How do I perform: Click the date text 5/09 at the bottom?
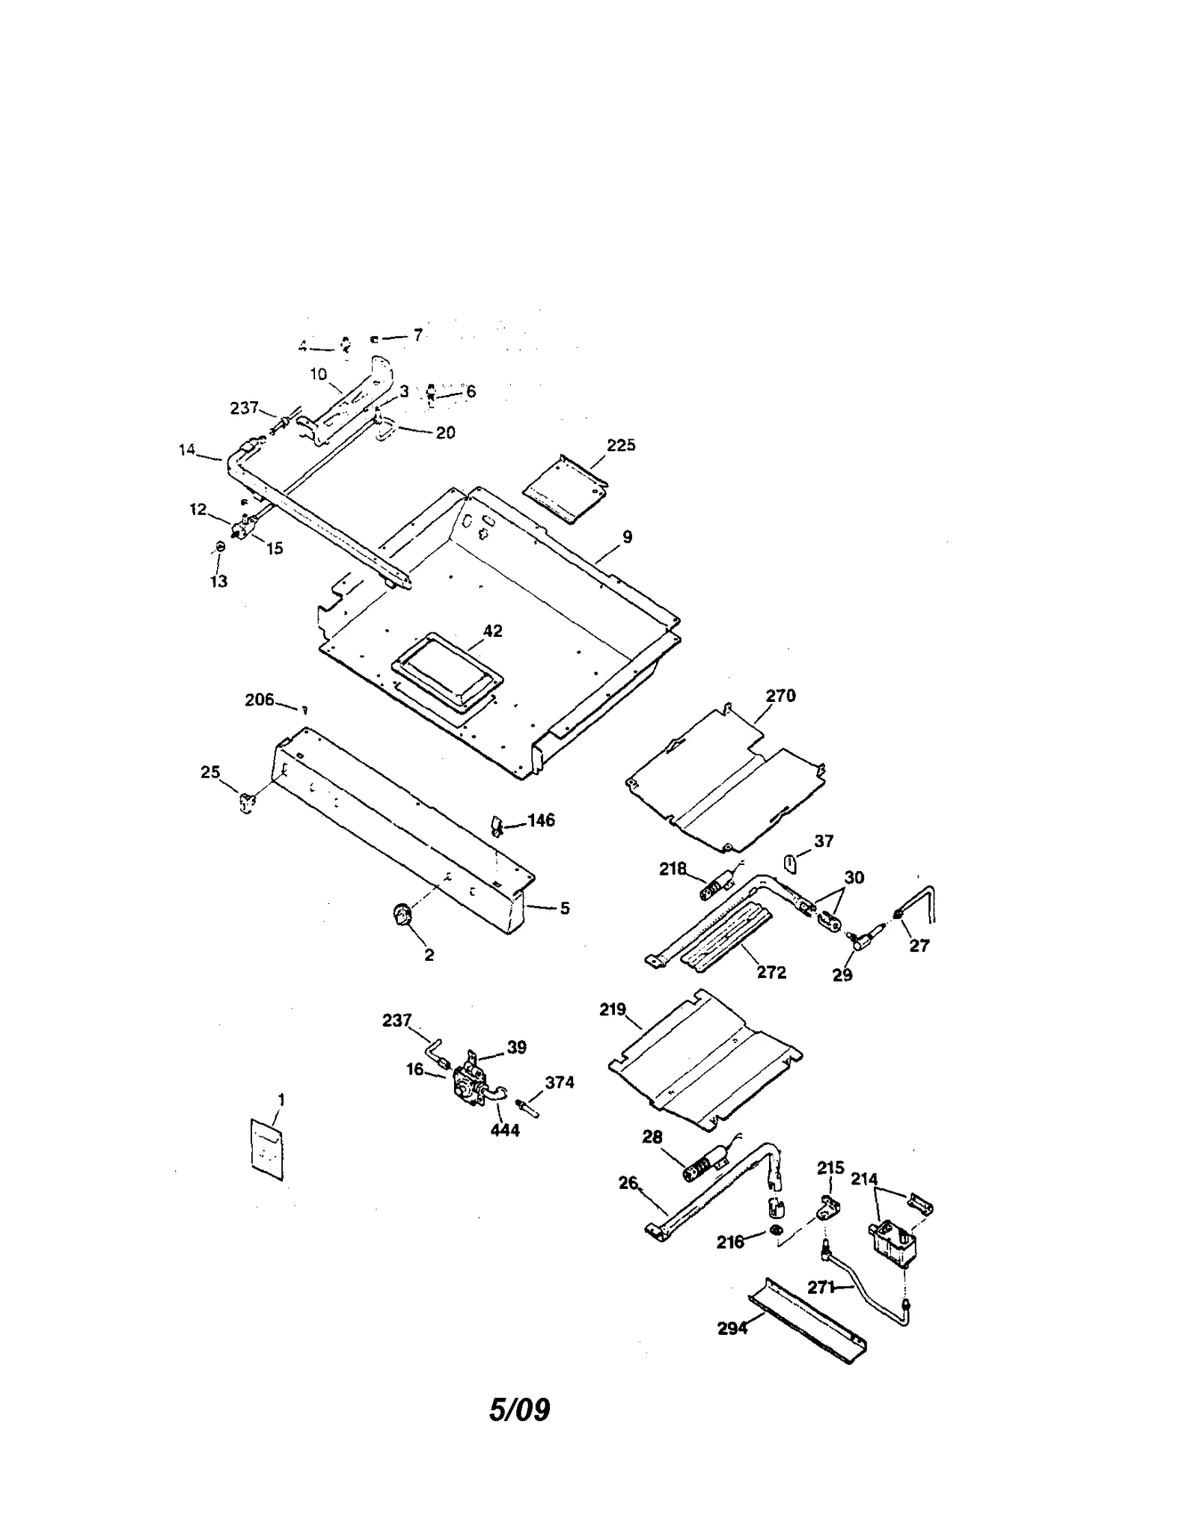(x=519, y=1410)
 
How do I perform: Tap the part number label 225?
(x=620, y=445)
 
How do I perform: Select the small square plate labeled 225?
(x=565, y=490)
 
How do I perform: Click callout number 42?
(x=492, y=631)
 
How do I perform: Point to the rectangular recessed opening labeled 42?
(x=447, y=668)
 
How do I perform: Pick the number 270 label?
(x=780, y=696)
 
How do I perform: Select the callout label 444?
(x=505, y=1130)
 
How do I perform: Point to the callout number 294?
(x=732, y=1328)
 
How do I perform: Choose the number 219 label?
(x=612, y=1009)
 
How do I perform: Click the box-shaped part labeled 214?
(x=893, y=1243)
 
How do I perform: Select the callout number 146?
(x=541, y=820)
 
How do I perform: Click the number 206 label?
(x=259, y=700)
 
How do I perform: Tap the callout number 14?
(x=186, y=450)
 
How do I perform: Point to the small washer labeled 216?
(x=776, y=1231)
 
